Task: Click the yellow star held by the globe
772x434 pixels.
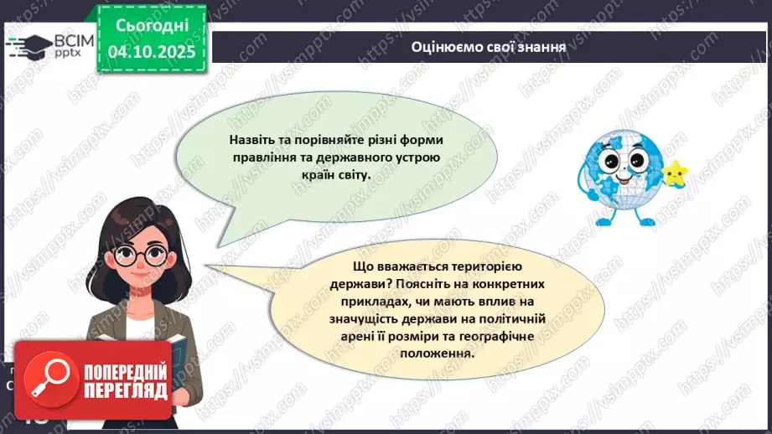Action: tap(673, 173)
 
